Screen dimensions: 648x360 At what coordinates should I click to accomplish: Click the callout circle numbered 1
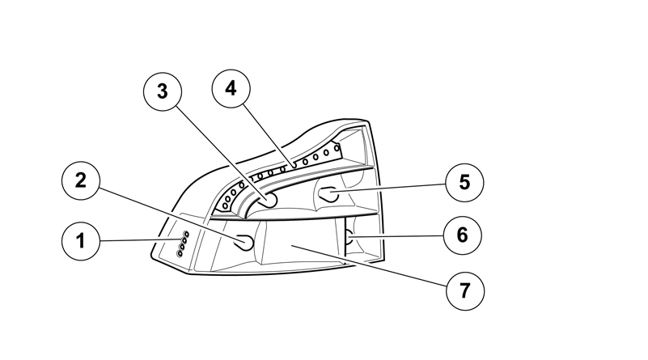click(81, 241)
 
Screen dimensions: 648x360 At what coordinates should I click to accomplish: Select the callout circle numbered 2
click(81, 180)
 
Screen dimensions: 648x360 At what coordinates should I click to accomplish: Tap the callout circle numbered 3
click(163, 91)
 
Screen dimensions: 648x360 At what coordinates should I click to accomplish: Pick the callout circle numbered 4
click(231, 88)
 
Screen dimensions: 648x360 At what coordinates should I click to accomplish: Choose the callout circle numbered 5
click(464, 182)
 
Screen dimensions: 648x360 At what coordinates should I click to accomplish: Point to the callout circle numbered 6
click(463, 235)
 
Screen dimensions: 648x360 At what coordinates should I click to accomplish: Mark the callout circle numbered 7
click(465, 291)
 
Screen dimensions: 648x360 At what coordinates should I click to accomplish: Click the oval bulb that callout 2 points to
click(244, 242)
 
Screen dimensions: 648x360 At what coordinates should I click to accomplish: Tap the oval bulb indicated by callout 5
click(329, 194)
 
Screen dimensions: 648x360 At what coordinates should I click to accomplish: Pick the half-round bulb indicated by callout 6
click(349, 237)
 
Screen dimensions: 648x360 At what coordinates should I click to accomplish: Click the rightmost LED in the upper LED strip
click(337, 147)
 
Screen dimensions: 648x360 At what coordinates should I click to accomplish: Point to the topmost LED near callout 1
click(186, 234)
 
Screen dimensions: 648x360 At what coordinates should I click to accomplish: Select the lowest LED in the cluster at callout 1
click(180, 253)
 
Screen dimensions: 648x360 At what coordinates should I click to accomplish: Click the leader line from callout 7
click(370, 265)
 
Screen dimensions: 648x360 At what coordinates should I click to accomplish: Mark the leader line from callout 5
click(388, 188)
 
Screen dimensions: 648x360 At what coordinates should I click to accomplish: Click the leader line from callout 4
click(269, 136)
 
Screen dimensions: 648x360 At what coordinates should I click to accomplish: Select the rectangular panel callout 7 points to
click(299, 242)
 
